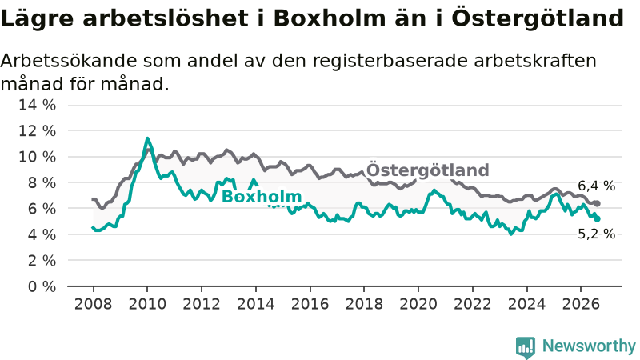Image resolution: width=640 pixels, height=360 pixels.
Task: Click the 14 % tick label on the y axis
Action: point(37,105)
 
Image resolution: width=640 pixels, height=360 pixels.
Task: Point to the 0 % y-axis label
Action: point(42,286)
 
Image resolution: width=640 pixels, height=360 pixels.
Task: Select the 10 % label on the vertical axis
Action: point(37,157)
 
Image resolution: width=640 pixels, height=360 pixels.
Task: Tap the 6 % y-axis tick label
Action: point(42,209)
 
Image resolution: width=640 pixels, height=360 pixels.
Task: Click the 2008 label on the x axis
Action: point(93,304)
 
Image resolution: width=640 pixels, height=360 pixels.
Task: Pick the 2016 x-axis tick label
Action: point(310,304)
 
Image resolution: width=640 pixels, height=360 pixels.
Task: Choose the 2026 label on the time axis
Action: point(581,304)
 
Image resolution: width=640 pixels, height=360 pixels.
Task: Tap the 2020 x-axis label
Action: point(418,304)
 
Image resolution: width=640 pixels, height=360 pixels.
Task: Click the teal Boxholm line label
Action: point(262,197)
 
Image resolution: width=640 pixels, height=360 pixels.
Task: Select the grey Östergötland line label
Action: point(428,170)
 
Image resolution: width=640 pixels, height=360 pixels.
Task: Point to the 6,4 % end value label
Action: point(596,186)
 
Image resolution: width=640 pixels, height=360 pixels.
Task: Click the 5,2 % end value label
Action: point(596,234)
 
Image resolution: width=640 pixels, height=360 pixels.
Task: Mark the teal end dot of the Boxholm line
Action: point(597,218)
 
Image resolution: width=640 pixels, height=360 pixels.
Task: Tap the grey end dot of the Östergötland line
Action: point(597,203)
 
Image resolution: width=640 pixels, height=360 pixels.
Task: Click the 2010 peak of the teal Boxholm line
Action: point(147,138)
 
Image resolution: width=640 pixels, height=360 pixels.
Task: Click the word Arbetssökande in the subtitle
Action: point(69,62)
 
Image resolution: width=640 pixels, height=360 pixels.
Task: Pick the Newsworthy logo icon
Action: point(526,347)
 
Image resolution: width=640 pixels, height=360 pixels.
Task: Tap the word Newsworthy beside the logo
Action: point(589,346)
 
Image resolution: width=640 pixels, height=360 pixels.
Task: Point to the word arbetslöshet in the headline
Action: point(166,18)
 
